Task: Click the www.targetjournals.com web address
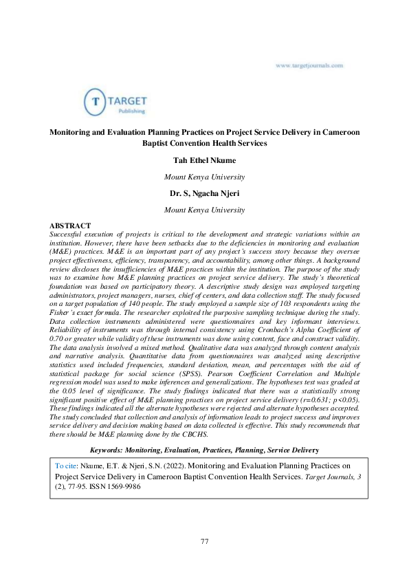tap(309, 65)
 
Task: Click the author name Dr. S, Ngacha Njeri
tap(204, 193)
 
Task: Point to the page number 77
tap(204, 542)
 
